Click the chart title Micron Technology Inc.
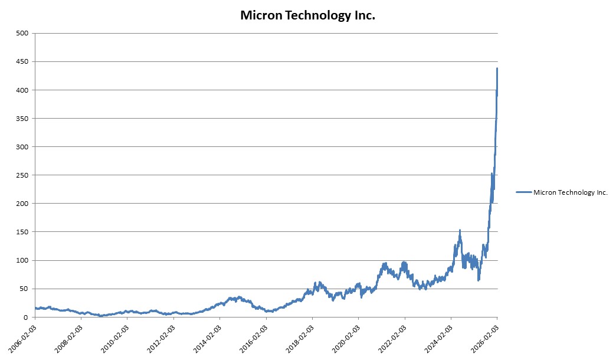tap(307, 16)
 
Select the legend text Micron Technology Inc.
tap(570, 192)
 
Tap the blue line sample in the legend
tap(523, 192)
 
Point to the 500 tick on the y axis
tap(23, 34)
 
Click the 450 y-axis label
tap(23, 62)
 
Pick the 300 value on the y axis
tap(23, 147)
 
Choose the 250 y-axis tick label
tap(23, 175)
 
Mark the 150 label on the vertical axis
tap(23, 232)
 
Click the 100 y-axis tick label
tap(23, 260)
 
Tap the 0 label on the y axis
tap(27, 317)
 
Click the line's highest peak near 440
tap(497, 68)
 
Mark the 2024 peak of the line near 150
tap(460, 230)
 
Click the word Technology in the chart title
tap(319, 16)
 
